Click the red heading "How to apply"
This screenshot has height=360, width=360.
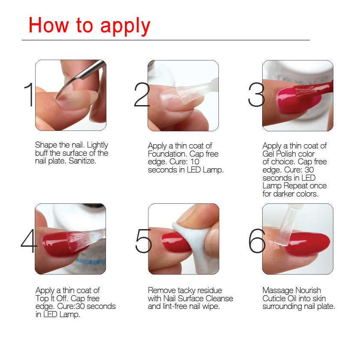(x=89, y=25)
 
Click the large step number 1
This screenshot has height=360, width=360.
(x=28, y=95)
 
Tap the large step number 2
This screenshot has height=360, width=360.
(x=142, y=95)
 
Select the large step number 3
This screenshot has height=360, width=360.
(x=256, y=95)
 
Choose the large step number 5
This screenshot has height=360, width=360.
(x=143, y=240)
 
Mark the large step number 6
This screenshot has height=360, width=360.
(x=257, y=240)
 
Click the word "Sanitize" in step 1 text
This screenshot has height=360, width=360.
(x=82, y=161)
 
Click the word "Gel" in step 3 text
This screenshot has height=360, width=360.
(x=269, y=154)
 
